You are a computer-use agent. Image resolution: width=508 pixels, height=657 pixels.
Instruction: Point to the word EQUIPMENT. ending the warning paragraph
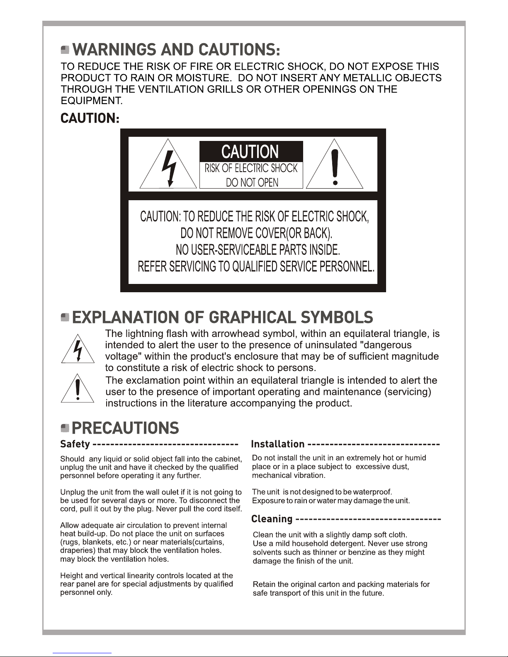point(92,101)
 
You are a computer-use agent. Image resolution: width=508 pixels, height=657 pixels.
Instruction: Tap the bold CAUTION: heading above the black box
point(90,119)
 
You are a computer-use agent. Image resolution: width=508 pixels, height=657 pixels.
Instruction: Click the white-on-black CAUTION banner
point(251,152)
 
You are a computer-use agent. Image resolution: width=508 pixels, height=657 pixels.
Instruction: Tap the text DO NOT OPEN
point(252,182)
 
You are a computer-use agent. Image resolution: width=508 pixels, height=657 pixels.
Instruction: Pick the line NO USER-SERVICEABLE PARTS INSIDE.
point(258,250)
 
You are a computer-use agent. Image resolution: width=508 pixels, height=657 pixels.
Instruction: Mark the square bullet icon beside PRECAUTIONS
point(65,428)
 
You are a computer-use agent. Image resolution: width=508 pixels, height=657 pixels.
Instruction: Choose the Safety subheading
point(75,444)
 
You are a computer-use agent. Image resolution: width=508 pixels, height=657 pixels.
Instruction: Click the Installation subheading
point(278,444)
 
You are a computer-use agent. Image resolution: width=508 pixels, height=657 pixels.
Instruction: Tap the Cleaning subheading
point(272,519)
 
